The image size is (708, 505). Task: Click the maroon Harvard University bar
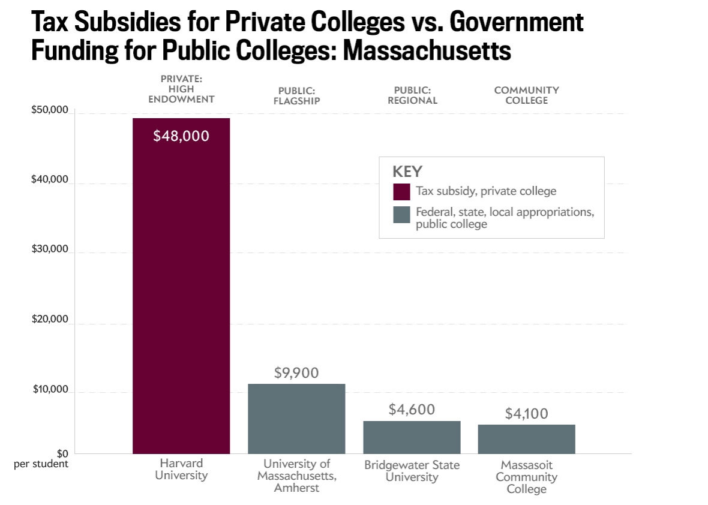point(181,288)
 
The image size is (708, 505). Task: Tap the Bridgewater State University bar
point(412,437)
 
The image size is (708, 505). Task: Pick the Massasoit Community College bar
point(526,439)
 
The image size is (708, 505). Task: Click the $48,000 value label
point(181,136)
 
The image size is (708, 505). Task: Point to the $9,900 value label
point(296,372)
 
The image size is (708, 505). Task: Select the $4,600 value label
point(412,410)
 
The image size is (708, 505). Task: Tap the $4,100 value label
point(526,414)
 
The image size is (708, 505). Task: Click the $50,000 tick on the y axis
point(50,112)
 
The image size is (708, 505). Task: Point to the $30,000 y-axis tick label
point(50,250)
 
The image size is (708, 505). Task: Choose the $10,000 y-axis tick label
point(50,390)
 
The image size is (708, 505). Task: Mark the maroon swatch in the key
point(401,192)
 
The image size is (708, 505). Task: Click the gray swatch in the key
point(401,215)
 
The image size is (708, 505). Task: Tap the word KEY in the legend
point(407,171)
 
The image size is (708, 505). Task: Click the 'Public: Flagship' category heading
point(296,95)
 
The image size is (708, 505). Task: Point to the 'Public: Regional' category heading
point(412,95)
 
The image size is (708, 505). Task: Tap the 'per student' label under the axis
point(41,464)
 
